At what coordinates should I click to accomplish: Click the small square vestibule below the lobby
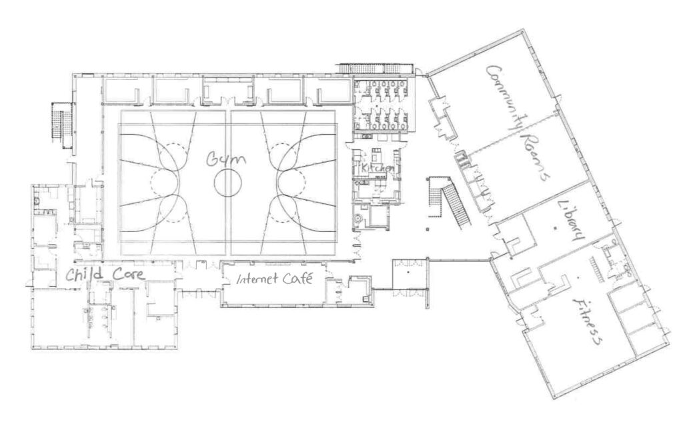408,274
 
